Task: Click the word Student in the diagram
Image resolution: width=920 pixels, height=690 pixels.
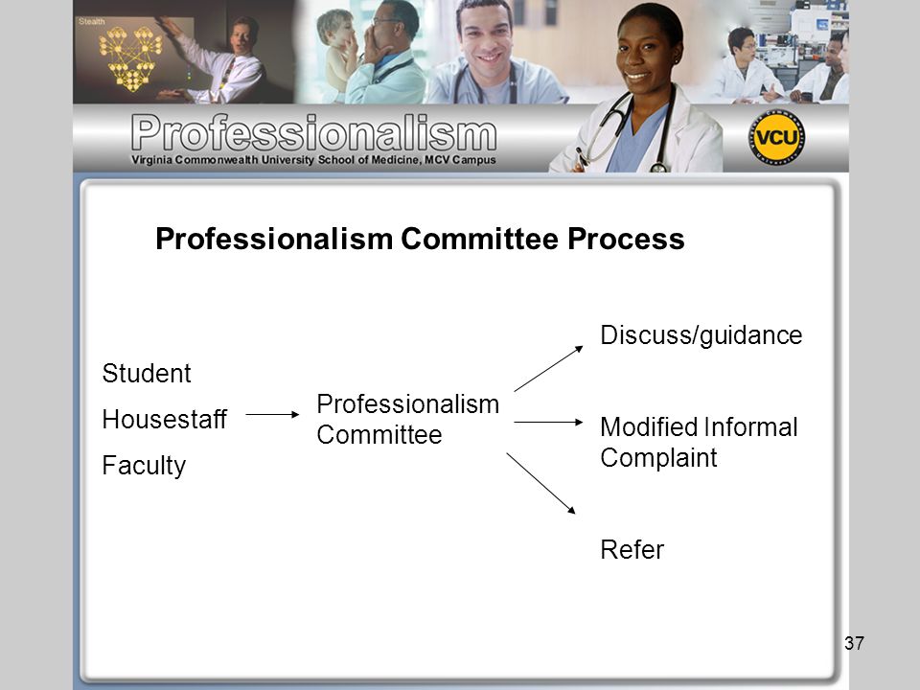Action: (147, 373)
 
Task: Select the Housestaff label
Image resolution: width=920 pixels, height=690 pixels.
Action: (164, 419)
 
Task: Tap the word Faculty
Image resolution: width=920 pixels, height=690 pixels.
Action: (144, 466)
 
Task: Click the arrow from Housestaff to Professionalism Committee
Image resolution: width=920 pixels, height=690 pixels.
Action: (272, 415)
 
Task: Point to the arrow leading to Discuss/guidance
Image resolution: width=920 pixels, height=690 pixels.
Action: (548, 368)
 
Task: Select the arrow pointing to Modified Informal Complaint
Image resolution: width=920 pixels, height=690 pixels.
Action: (548, 422)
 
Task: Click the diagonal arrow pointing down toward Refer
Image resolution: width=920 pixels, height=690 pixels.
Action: (540, 483)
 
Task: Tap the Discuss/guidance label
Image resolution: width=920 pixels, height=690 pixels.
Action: (701, 335)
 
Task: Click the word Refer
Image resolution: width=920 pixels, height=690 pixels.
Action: (632, 550)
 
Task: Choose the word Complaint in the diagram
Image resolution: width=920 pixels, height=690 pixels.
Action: (658, 458)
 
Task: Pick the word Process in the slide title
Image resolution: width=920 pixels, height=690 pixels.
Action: (626, 239)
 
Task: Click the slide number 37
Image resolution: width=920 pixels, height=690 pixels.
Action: (854, 643)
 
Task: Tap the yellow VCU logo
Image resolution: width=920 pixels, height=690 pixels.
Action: (776, 138)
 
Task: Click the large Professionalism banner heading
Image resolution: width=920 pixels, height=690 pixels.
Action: (314, 132)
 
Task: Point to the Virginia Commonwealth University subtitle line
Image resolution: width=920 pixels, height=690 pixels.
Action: (313, 160)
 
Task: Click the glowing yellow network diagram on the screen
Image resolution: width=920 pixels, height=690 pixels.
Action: (131, 58)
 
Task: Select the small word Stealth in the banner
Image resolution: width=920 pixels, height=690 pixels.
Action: (92, 22)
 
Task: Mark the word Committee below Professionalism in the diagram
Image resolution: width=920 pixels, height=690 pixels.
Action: (379, 435)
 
